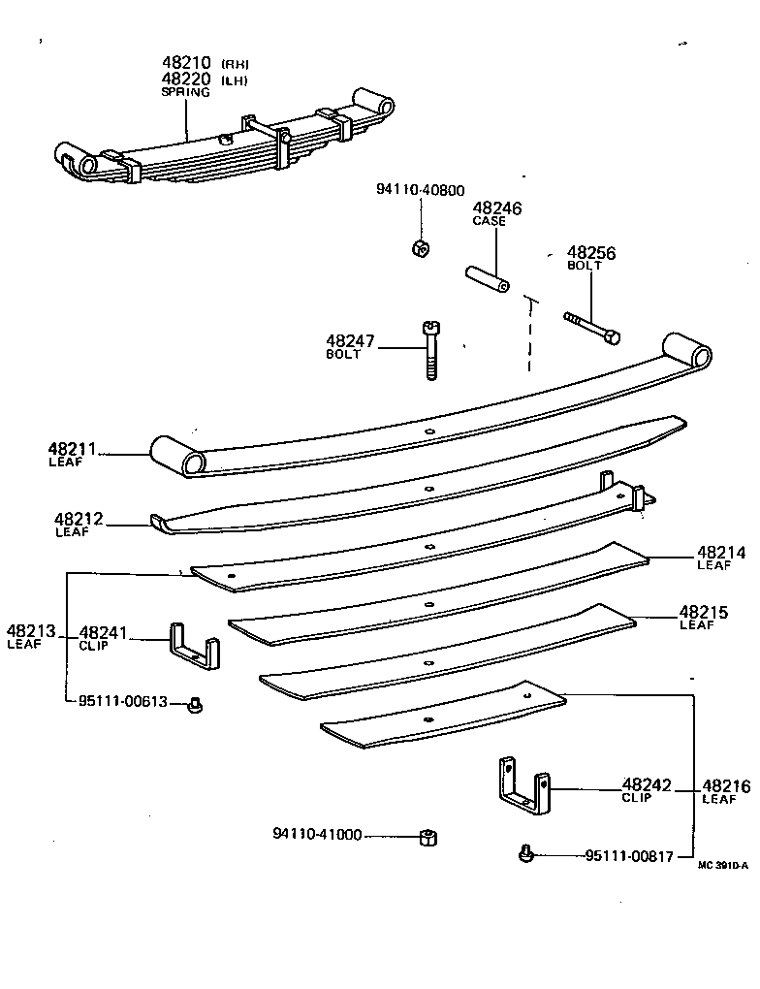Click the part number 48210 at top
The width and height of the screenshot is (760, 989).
tap(187, 64)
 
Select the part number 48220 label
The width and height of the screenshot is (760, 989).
tap(187, 79)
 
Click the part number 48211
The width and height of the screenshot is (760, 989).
tap(73, 449)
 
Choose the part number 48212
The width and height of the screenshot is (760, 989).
tap(79, 520)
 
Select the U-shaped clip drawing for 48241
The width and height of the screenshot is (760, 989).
tap(193, 645)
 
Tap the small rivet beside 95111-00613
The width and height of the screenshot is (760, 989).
tap(194, 705)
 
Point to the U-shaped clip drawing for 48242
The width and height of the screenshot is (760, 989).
tap(524, 784)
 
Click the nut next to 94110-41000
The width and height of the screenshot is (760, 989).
tap(425, 837)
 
